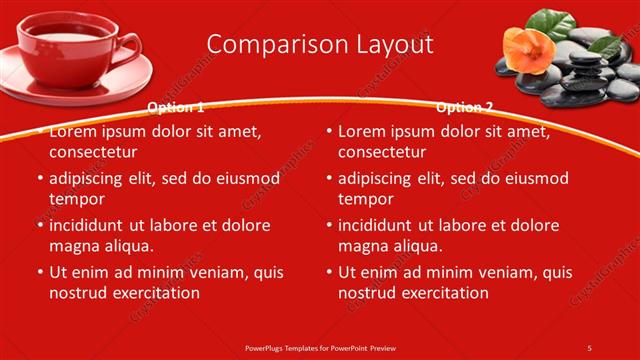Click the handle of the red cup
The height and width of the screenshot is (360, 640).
click(x=129, y=44)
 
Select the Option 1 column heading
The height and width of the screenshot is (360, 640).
click(x=175, y=107)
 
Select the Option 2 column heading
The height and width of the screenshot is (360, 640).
click(x=464, y=107)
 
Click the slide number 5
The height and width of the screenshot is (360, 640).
click(x=589, y=347)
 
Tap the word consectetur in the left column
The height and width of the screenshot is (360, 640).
click(x=92, y=153)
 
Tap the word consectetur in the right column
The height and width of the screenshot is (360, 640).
click(x=382, y=153)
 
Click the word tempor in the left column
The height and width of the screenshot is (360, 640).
click(x=76, y=199)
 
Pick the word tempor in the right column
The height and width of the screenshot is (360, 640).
click(x=365, y=199)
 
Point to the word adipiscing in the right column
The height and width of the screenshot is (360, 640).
click(x=379, y=179)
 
